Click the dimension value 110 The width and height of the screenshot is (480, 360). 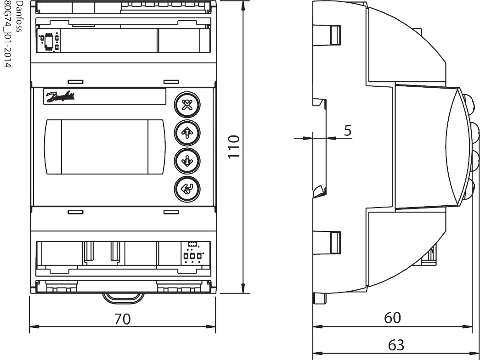234,147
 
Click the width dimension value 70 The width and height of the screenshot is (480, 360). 123,319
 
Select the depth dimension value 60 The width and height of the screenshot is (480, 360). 392,318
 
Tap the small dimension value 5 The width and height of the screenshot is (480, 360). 348,130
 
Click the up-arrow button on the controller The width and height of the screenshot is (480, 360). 186,133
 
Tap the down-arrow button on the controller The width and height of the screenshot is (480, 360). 186,160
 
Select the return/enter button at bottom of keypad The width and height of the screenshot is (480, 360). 186,188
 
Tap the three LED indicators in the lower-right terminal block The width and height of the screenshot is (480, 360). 192,256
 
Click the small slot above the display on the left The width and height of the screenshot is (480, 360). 75,81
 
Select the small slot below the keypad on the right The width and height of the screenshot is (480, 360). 171,212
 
